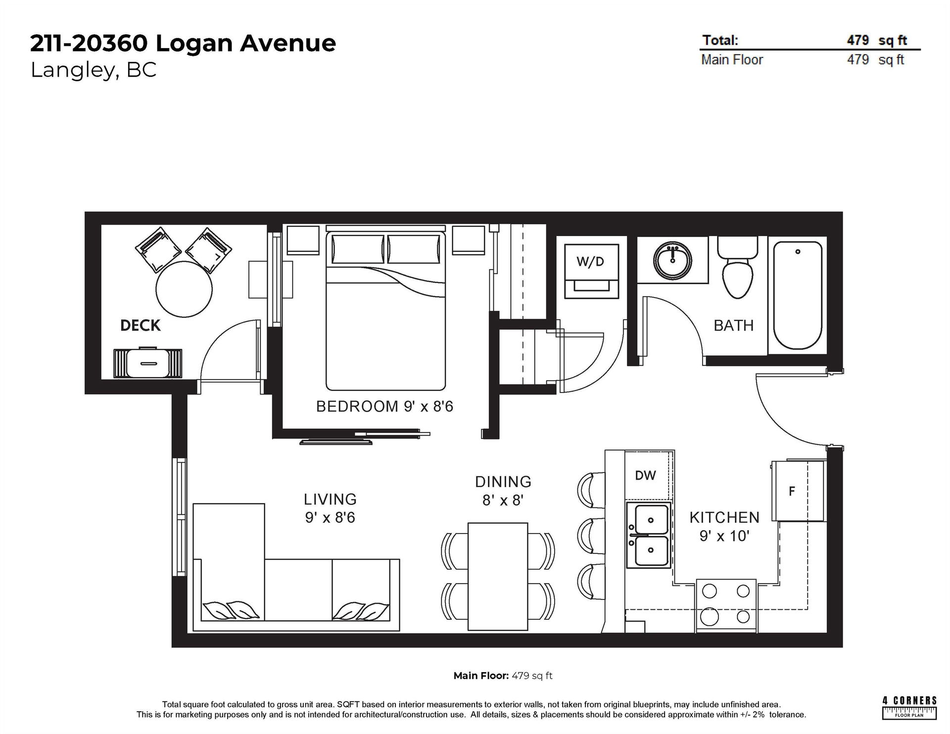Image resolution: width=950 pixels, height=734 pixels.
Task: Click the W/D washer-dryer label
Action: click(x=590, y=262)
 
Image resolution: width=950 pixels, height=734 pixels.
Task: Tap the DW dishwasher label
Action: click(x=645, y=476)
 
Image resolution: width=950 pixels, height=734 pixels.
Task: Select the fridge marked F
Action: click(x=798, y=490)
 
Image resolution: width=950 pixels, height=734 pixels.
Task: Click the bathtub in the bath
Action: click(x=797, y=295)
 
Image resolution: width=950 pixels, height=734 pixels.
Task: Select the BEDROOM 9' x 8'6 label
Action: click(x=384, y=406)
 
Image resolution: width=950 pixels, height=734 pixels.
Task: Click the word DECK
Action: click(x=141, y=325)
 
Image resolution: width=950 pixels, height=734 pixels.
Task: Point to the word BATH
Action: click(x=733, y=325)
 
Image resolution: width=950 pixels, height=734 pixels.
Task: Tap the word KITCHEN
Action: click(x=724, y=518)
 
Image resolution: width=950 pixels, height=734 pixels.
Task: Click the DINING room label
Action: click(x=503, y=482)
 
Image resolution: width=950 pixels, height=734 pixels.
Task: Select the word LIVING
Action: click(x=330, y=499)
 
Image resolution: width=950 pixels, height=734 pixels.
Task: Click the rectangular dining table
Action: click(x=498, y=576)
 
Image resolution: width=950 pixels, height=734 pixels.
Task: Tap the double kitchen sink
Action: click(x=648, y=535)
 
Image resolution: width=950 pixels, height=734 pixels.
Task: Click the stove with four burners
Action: click(x=726, y=605)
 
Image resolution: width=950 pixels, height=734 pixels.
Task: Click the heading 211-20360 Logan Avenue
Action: click(x=183, y=44)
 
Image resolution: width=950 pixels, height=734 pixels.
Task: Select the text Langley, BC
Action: click(x=94, y=70)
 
